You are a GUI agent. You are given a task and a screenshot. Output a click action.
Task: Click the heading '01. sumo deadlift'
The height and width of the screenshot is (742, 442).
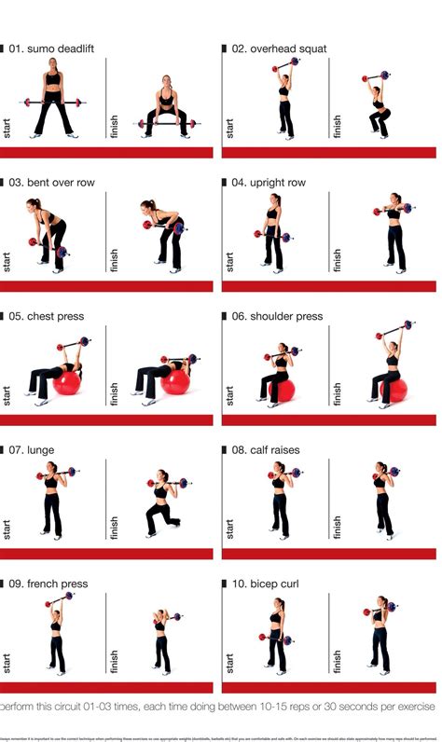(51, 48)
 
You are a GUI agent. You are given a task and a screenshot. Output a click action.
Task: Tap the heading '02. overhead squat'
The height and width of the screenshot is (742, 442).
(279, 48)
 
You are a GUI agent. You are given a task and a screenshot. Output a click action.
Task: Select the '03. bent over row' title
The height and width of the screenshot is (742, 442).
(51, 183)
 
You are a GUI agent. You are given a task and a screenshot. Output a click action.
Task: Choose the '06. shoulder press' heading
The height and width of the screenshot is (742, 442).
(277, 316)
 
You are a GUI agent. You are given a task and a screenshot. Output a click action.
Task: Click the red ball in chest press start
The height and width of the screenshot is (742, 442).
(67, 381)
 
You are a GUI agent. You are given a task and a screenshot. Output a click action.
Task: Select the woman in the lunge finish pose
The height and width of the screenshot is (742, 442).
(162, 507)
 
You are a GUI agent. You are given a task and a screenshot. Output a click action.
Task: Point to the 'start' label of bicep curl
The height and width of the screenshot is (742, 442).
(228, 658)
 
